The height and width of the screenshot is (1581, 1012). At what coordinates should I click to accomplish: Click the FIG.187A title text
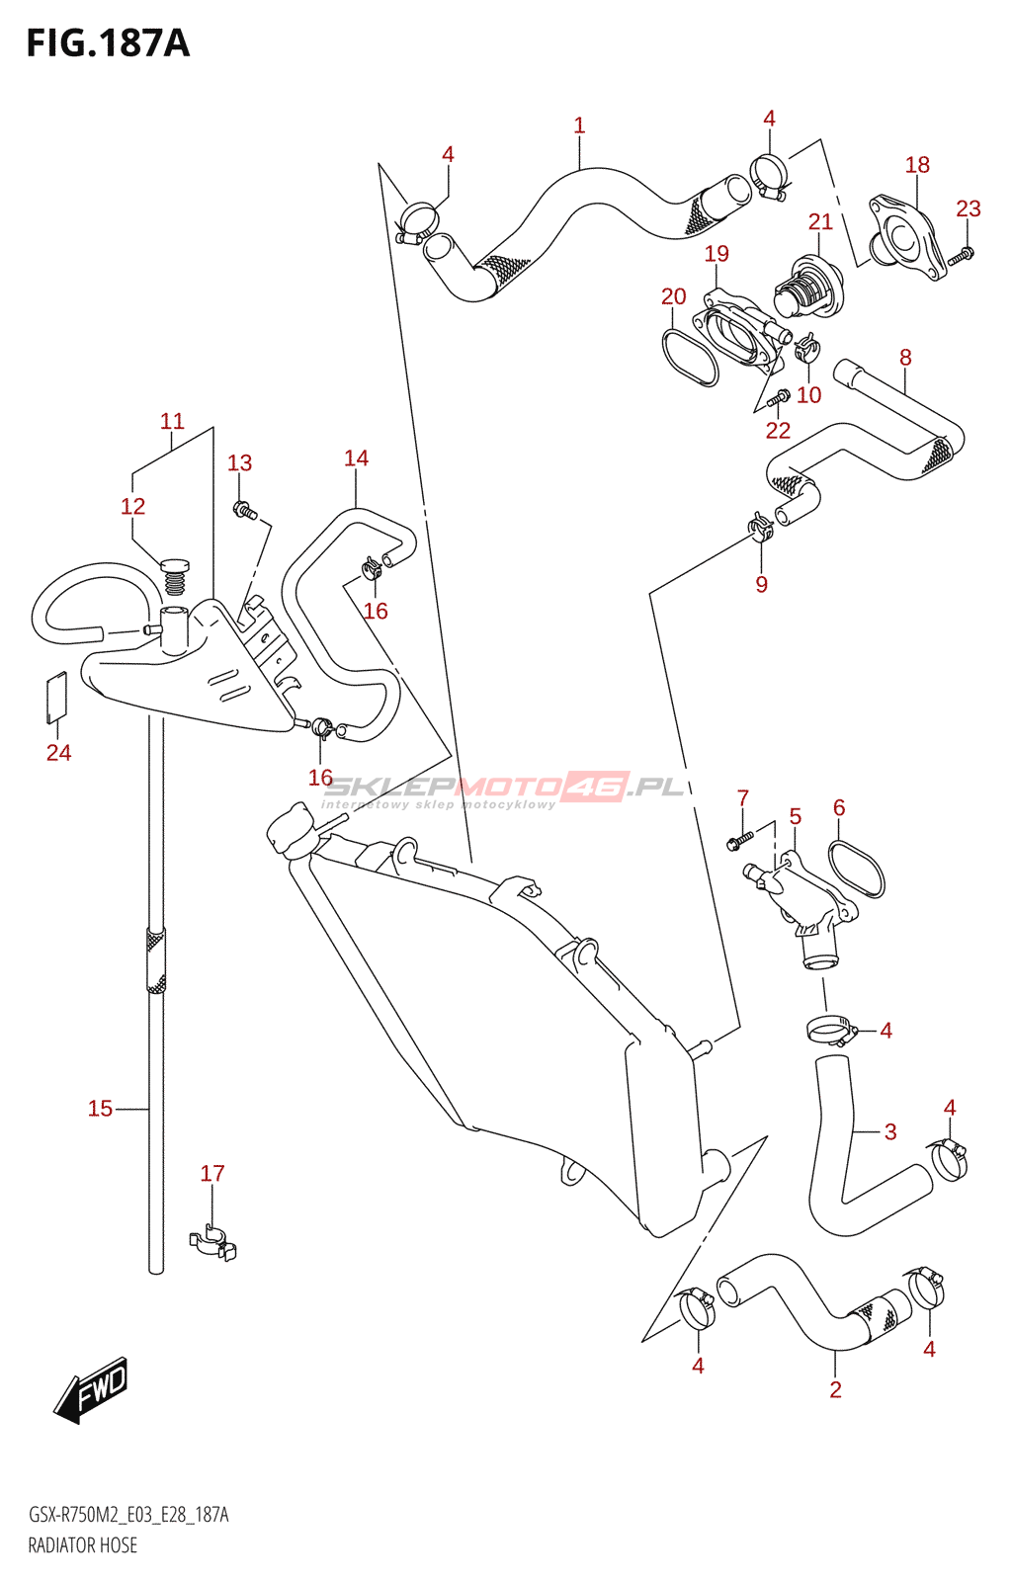[107, 43]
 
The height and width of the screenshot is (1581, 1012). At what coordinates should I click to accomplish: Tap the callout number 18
[917, 165]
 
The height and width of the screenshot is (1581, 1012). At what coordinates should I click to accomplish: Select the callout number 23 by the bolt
[968, 208]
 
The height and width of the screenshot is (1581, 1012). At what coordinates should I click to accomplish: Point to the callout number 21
[820, 222]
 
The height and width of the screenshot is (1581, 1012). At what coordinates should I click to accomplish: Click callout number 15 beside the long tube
[100, 1109]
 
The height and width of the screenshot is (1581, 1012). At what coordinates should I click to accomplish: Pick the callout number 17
[212, 1173]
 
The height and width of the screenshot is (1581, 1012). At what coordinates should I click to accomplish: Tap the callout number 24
[58, 753]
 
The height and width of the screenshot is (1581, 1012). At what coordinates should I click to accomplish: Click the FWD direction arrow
[91, 1389]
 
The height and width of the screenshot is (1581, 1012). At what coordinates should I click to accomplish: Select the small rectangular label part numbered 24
[56, 693]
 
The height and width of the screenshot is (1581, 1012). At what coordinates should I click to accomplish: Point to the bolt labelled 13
[243, 511]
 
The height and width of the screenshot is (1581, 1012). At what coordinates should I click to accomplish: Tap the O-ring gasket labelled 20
[689, 357]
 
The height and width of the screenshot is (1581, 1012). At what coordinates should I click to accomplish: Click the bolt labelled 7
[740, 839]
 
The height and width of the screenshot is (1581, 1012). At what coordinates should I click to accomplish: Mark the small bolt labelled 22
[778, 398]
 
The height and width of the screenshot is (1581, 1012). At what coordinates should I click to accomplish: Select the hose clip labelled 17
[213, 1243]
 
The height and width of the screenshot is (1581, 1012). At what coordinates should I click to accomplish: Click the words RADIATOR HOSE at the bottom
[83, 1545]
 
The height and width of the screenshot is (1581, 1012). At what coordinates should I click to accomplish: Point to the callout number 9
[761, 584]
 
